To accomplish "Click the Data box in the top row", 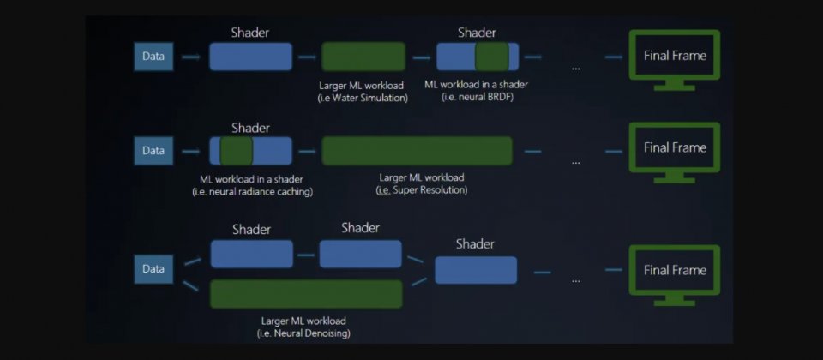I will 153,57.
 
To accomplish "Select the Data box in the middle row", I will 153,151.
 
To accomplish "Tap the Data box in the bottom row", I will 153,269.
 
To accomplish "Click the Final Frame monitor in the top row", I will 675,56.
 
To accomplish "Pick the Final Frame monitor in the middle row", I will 675,147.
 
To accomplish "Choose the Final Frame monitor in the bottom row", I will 675,270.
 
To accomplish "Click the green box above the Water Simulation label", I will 363,57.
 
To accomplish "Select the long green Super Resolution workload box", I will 417,151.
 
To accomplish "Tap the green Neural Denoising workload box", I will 306,294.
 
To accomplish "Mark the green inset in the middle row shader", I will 236,151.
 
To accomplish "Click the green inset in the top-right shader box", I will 492,57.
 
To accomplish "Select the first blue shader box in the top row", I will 250,57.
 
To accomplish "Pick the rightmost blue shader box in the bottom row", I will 476,270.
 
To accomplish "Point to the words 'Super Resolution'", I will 430,190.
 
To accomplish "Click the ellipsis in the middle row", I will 575,160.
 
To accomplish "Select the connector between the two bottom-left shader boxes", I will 306,254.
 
